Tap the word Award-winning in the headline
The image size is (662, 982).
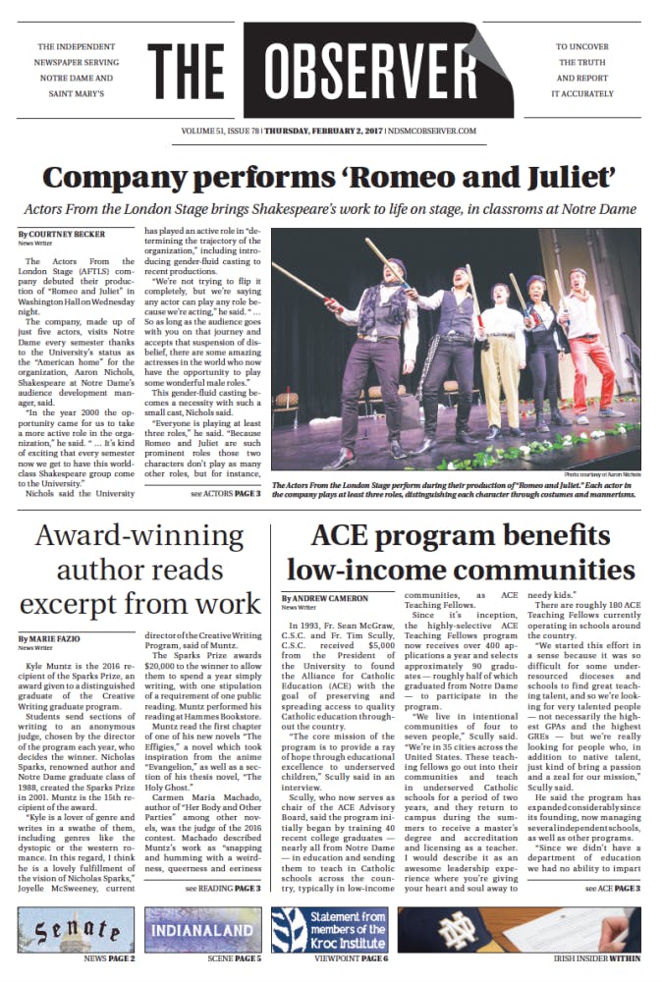pyautogui.click(x=139, y=536)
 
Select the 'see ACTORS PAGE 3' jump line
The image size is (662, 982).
pyautogui.click(x=225, y=493)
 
